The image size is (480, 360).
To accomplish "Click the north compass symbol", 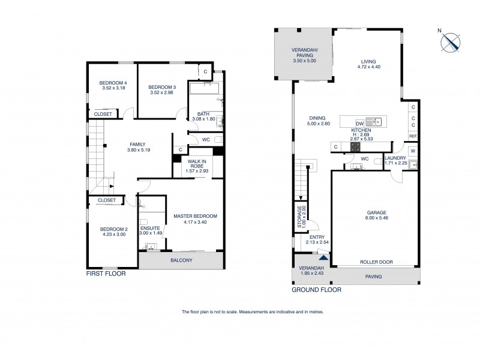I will (451, 42).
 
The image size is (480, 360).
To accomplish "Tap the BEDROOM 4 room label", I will (113, 83).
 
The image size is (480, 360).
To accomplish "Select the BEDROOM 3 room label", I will (162, 88).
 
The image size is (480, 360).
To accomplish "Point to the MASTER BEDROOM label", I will (195, 216).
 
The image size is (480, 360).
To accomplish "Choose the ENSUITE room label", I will (149, 229).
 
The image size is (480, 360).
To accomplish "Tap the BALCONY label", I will (181, 260).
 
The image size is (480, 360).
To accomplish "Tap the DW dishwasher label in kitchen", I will (360, 122).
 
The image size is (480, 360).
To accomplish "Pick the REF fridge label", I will (413, 136).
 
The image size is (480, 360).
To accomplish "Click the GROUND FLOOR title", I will (316, 289).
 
